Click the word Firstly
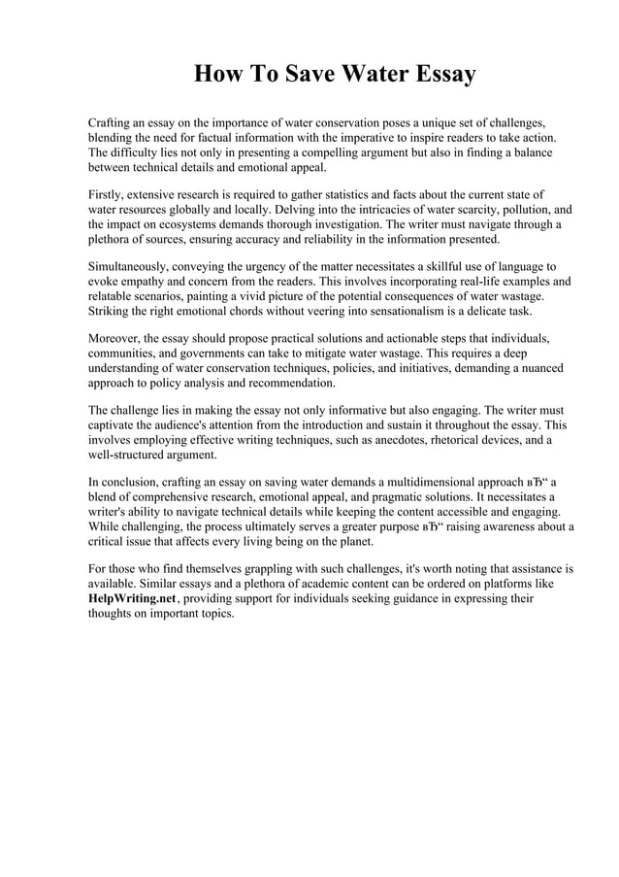click(109, 195)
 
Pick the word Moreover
click(114, 338)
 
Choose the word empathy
click(145, 282)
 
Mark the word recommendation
click(289, 383)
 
